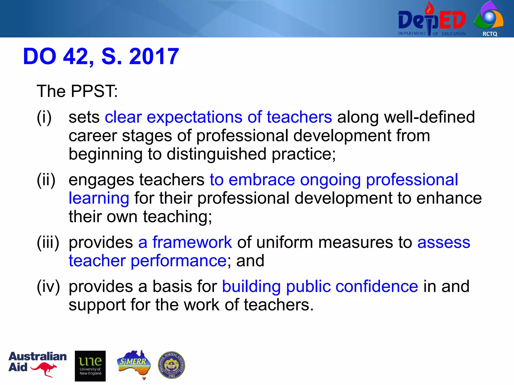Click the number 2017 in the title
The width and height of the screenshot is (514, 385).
[154, 56]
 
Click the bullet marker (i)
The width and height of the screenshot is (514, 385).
[44, 117]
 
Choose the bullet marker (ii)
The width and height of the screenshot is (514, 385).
[46, 180]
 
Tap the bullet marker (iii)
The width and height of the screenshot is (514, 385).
[48, 242]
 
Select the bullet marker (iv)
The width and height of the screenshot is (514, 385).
[48, 286]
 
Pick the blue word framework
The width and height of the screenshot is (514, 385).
[192, 242]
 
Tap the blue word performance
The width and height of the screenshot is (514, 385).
[179, 261]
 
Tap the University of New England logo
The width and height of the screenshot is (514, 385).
[90, 366]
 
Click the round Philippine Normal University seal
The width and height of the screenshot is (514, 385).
[172, 365]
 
